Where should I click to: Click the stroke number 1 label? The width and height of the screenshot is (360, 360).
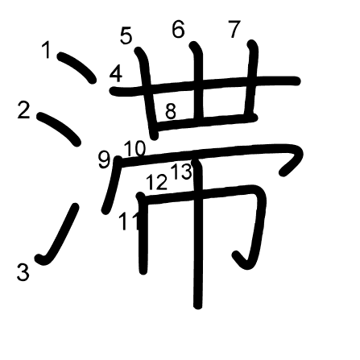47,51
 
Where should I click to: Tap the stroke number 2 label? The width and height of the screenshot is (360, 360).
23,110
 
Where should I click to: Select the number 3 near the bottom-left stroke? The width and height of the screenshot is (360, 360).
23,272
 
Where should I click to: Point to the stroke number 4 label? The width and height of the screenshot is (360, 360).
116,75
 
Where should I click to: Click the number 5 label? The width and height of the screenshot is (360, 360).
126,36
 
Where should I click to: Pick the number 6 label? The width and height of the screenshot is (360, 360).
178,30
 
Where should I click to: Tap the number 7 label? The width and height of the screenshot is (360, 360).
234,30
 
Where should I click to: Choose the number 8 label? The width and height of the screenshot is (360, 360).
170,112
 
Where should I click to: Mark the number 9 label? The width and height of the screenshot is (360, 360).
104,159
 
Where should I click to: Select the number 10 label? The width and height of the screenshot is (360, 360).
134,148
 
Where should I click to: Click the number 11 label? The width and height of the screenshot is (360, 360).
127,221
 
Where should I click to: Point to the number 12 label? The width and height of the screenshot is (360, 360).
157,183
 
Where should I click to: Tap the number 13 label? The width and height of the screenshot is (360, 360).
181,172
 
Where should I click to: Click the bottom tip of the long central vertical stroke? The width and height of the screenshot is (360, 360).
197,304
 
